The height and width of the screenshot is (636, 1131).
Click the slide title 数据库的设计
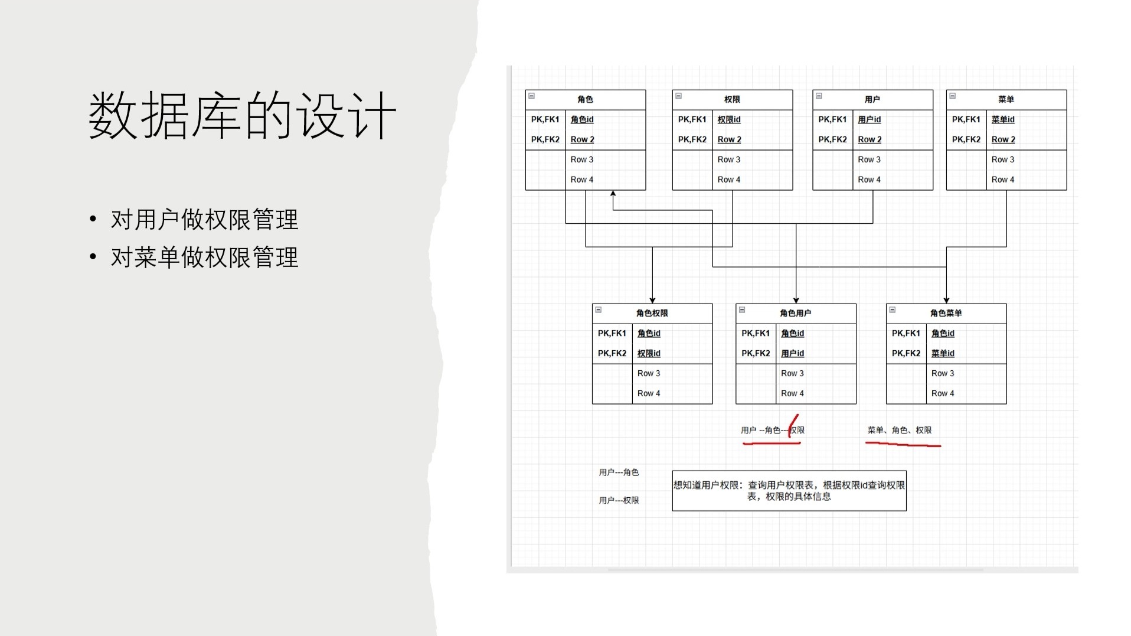242,115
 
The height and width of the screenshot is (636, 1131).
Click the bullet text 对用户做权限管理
204,220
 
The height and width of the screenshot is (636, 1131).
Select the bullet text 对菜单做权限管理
204,257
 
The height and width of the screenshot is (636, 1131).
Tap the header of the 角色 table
585,99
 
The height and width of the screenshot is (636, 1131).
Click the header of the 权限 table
732,99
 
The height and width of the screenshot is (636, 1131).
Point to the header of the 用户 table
872,99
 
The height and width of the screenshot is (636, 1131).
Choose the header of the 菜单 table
1006,99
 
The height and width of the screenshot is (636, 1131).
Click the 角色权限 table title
652,313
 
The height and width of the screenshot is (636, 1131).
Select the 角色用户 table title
796,313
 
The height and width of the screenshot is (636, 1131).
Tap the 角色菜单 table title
946,313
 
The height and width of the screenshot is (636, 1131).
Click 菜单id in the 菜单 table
1003,119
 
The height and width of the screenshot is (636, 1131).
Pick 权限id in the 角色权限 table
649,353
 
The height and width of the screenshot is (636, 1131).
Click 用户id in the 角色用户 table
792,353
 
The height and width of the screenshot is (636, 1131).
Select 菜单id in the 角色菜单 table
943,353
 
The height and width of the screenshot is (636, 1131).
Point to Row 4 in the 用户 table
869,180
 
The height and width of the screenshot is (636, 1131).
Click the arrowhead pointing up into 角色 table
613,193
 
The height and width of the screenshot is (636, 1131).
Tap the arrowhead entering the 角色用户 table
796,301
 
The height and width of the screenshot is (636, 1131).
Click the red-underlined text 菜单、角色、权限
900,430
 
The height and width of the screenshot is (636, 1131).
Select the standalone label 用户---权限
619,500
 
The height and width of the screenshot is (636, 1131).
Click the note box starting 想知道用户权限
789,491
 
